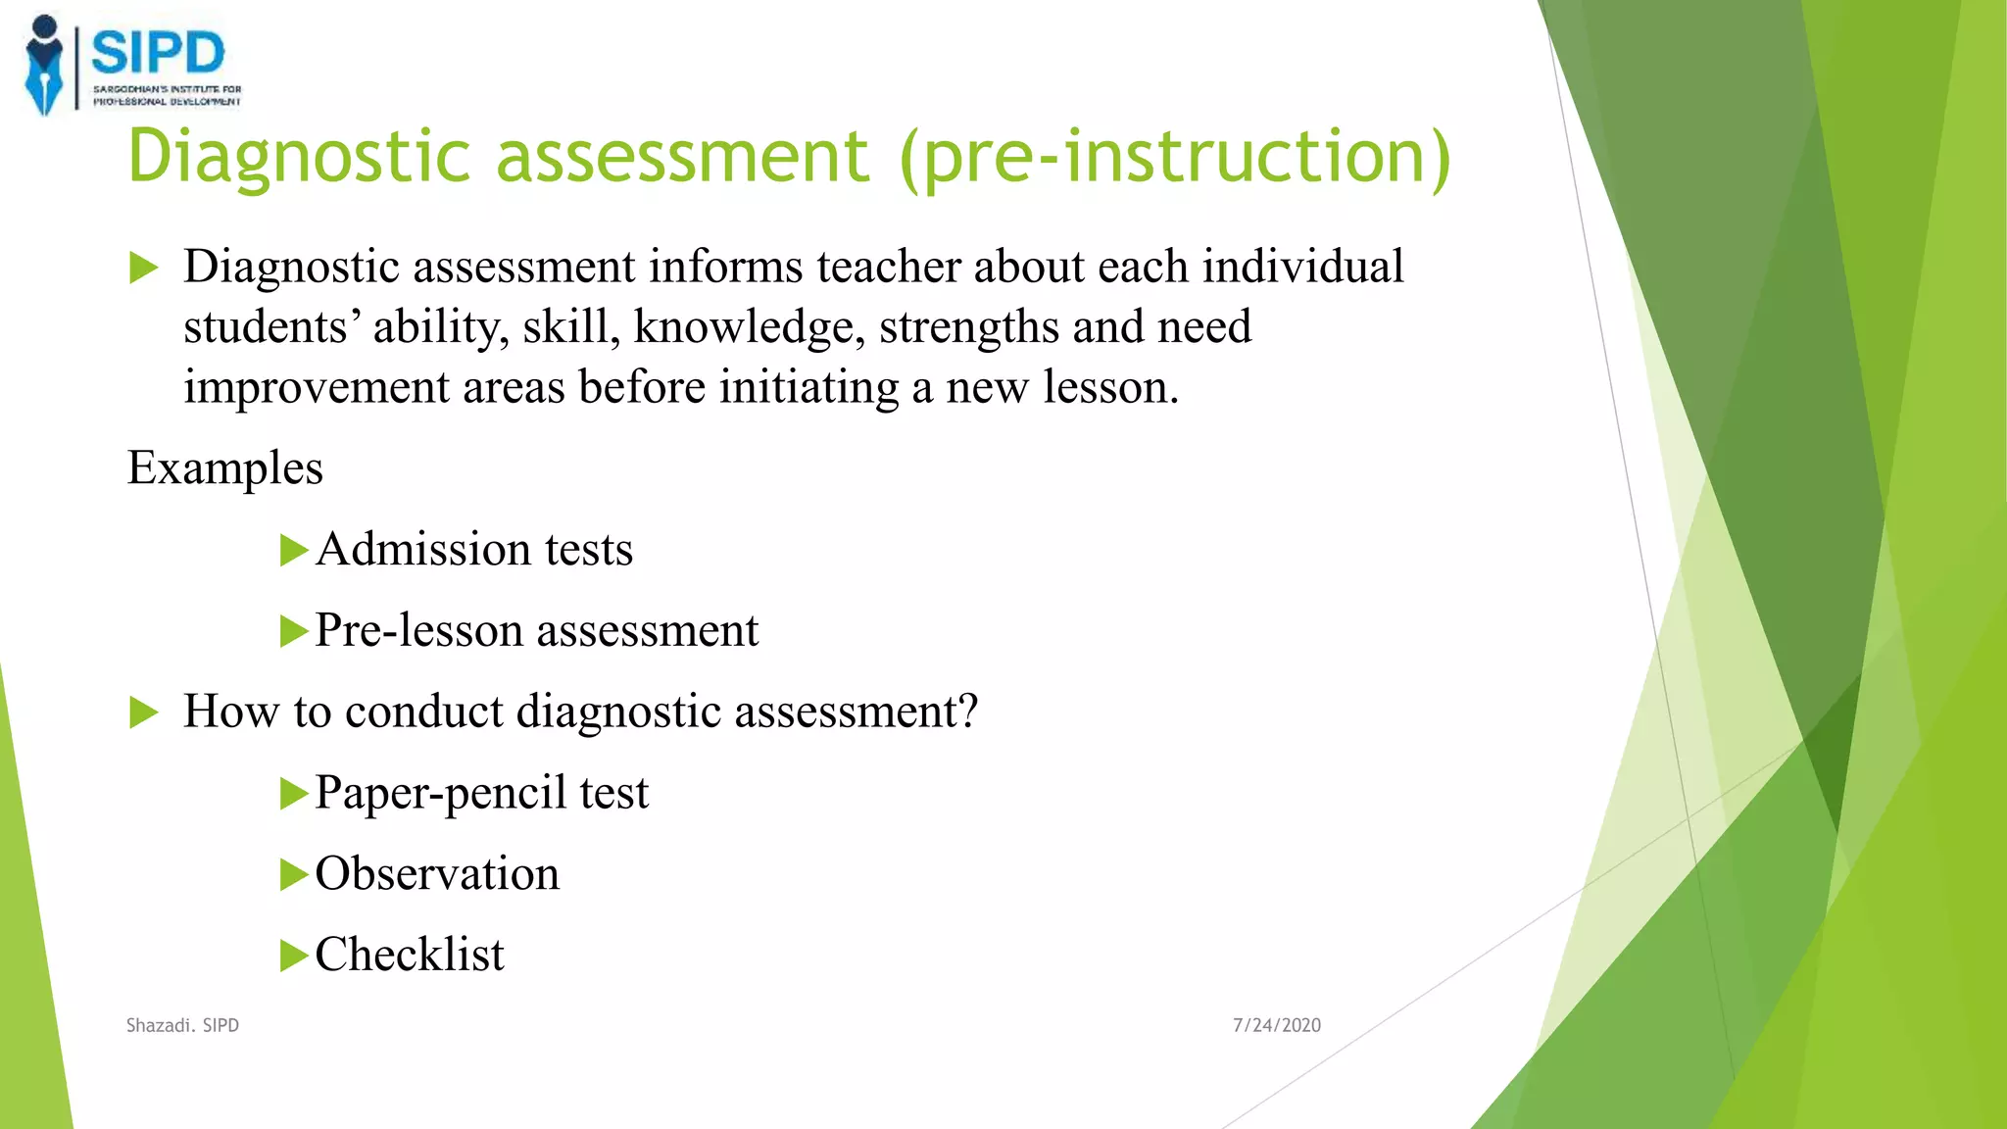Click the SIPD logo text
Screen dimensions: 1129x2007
point(158,53)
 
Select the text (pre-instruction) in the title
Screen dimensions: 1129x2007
point(1174,157)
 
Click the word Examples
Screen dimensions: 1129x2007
point(224,468)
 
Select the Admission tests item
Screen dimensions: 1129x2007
point(474,549)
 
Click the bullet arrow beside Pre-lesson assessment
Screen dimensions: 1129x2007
point(293,631)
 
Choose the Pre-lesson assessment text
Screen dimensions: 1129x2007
point(536,630)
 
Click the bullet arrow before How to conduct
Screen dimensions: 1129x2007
point(143,712)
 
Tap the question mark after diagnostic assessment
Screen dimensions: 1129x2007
point(967,711)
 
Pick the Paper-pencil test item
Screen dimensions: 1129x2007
point(481,793)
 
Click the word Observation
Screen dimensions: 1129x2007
point(437,873)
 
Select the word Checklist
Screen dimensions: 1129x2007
point(410,955)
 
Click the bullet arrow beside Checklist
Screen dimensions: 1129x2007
point(293,956)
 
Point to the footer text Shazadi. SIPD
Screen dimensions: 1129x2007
point(182,1025)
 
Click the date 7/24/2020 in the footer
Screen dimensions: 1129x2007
point(1276,1025)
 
